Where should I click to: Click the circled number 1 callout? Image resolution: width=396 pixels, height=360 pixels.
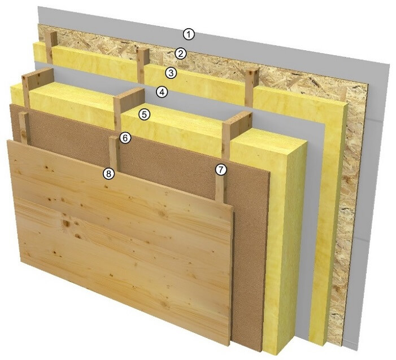point(189,34)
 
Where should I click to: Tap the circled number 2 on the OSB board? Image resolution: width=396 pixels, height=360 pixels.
point(180,54)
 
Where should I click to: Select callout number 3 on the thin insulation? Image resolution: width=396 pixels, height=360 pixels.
point(171,73)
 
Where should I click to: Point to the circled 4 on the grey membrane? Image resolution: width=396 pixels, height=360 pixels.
point(162,93)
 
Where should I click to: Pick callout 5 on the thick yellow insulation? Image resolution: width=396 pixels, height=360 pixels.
point(144,115)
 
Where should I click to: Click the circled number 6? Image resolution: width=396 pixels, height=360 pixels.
point(125,138)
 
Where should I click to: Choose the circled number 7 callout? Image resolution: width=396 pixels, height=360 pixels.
point(221,170)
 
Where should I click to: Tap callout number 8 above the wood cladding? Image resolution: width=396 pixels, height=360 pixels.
point(108,174)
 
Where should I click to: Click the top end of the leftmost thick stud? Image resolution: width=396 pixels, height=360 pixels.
point(38,73)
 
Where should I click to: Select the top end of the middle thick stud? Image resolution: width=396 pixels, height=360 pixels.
point(129,94)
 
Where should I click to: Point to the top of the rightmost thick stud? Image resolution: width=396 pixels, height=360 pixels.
point(237,118)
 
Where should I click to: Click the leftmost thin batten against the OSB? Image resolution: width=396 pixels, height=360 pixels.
point(51,48)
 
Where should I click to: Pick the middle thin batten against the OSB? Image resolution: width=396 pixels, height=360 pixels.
point(143,65)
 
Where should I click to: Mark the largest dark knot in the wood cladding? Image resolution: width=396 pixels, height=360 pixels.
point(66,223)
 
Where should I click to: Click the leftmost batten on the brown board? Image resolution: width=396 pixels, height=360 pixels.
point(24,128)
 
